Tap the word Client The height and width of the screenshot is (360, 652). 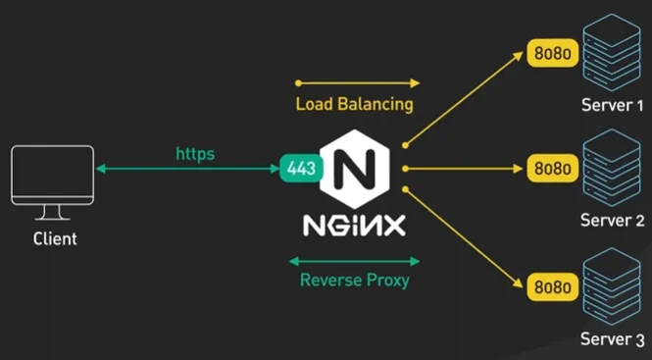(55, 238)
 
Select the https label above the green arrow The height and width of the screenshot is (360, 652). (195, 153)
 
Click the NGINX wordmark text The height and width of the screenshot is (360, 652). (354, 225)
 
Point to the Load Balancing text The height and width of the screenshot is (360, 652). (354, 104)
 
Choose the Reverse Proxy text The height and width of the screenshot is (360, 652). (354, 281)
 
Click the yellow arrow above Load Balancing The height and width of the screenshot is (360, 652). (357, 83)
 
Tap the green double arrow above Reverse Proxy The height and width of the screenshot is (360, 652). (355, 261)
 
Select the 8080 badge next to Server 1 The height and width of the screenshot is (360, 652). (552, 52)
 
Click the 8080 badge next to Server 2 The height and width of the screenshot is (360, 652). (552, 168)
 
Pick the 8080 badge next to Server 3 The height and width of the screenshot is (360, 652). (552, 287)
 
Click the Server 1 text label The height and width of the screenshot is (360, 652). (612, 105)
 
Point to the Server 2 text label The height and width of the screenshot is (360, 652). (612, 220)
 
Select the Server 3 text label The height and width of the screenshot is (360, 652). (612, 340)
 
